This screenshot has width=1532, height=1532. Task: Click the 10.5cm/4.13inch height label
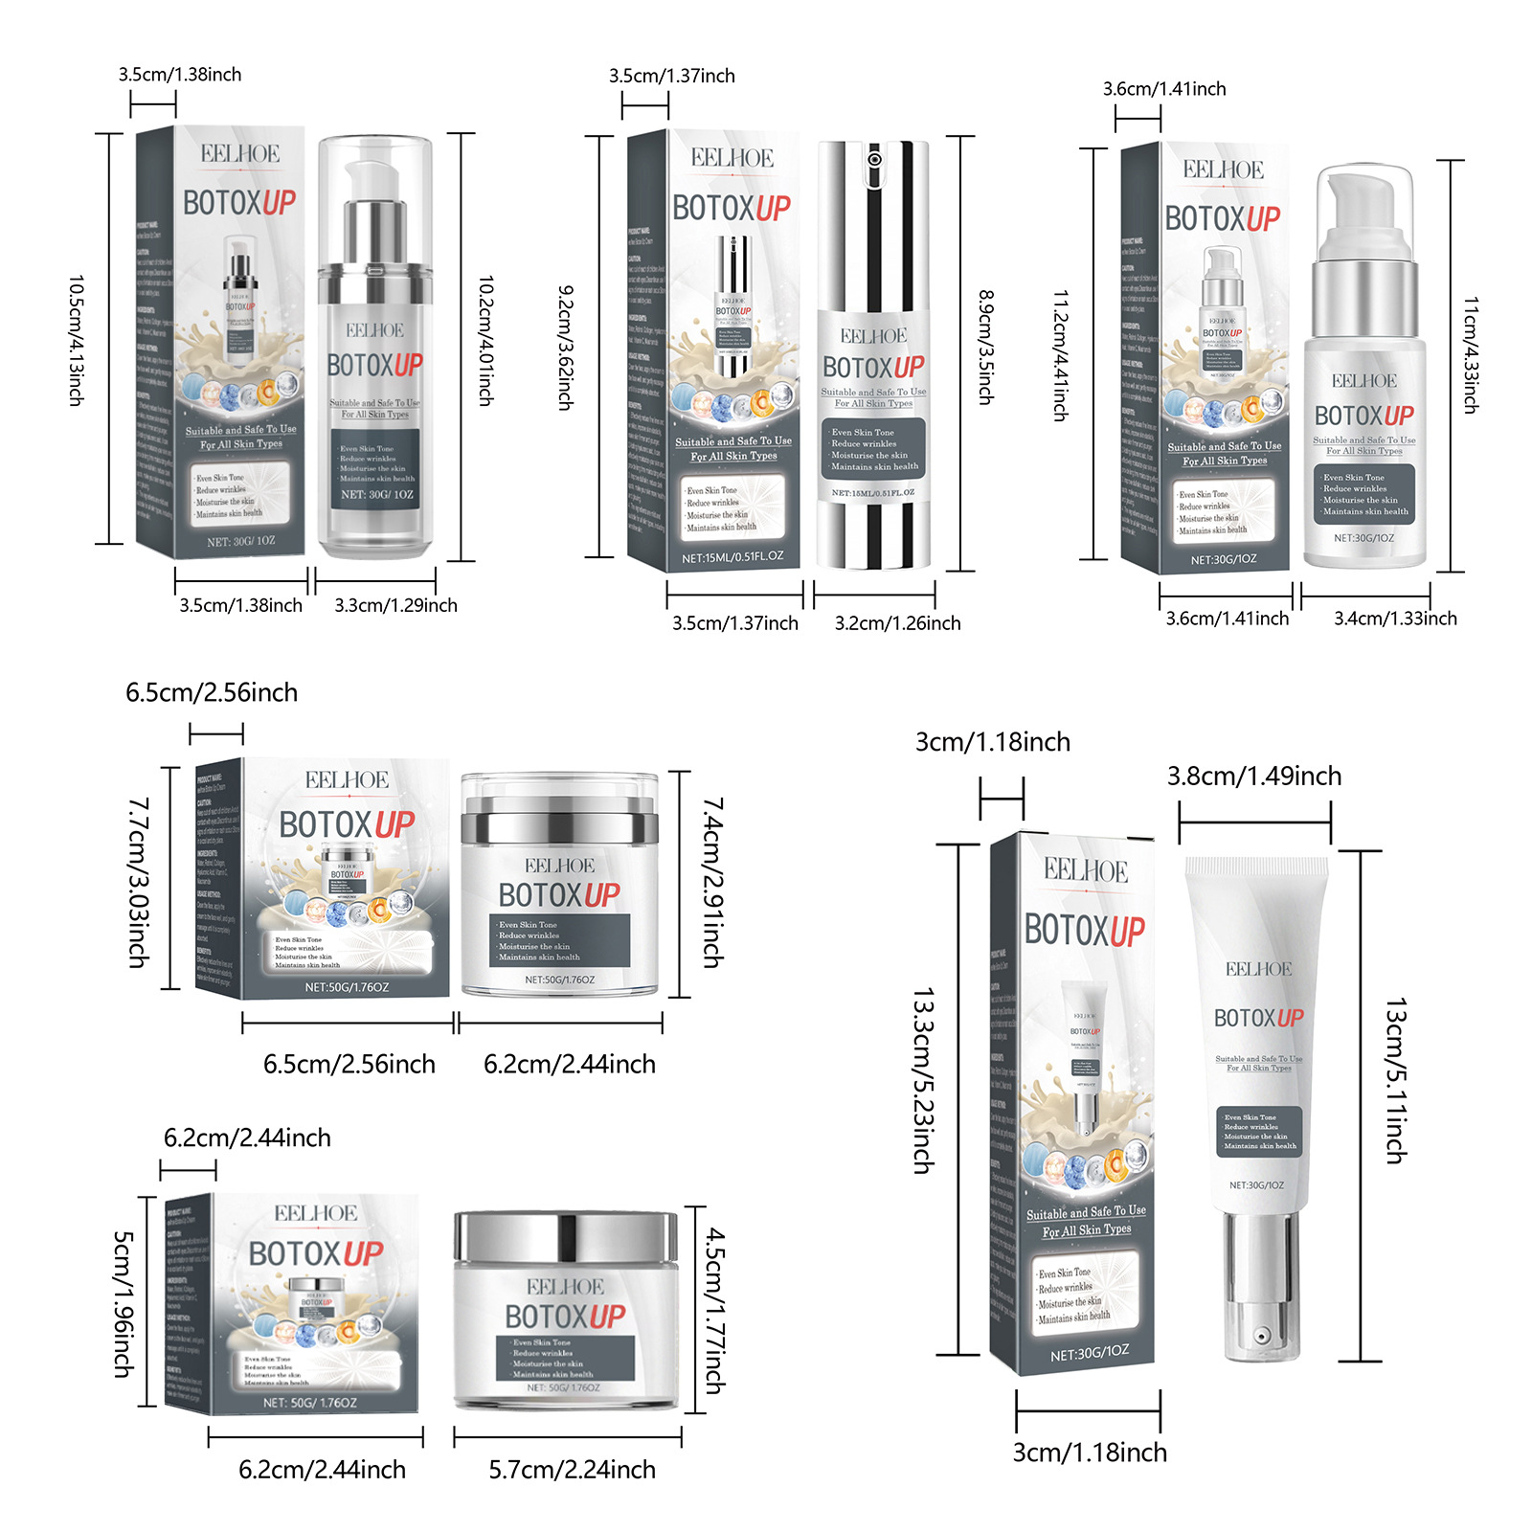click(x=76, y=340)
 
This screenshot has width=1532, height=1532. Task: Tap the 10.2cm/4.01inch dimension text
click(x=485, y=340)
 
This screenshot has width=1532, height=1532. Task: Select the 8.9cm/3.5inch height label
click(x=985, y=347)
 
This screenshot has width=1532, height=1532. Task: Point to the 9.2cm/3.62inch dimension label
click(x=566, y=347)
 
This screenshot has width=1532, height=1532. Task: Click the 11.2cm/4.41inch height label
click(x=1060, y=355)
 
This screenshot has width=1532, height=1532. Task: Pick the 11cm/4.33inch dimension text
click(x=1470, y=354)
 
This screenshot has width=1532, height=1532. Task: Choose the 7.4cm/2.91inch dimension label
click(x=712, y=882)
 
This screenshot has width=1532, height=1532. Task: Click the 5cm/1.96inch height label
click(x=124, y=1303)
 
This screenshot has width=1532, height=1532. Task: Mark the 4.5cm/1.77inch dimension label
click(x=714, y=1311)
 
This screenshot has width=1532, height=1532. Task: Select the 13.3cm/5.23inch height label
click(x=922, y=1080)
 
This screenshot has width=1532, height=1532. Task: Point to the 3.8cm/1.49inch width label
click(x=1254, y=777)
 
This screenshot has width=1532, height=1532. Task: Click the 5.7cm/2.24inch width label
click(x=572, y=1470)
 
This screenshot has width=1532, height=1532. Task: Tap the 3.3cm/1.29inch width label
click(x=395, y=605)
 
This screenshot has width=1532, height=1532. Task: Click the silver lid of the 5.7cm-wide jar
click(x=566, y=1236)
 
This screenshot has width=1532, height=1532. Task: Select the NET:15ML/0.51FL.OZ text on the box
click(x=732, y=557)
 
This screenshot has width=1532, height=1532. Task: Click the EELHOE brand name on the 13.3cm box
click(x=1086, y=870)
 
